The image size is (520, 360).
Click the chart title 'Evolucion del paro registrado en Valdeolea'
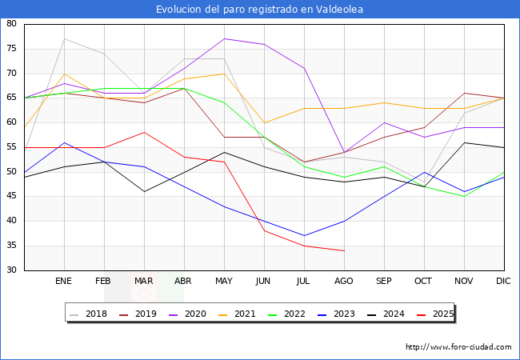[x=260, y=10]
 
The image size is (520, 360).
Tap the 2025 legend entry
[x=435, y=314]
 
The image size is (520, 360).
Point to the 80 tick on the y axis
[x=13, y=24]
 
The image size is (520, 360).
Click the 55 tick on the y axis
[x=13, y=147]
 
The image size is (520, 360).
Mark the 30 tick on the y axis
[x=13, y=270]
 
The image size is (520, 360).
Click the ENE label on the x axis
[x=64, y=282]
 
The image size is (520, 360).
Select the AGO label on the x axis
[x=344, y=282]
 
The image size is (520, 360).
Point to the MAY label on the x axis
[x=224, y=282]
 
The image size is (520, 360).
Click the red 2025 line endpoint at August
[x=344, y=250]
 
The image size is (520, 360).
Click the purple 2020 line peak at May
[x=224, y=38]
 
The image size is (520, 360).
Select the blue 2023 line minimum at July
[x=304, y=236]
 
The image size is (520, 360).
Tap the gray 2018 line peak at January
[x=64, y=38]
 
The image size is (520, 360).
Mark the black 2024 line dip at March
[x=144, y=191]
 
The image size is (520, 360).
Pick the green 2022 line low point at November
[x=464, y=196]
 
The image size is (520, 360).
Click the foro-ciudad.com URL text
[x=458, y=347]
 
